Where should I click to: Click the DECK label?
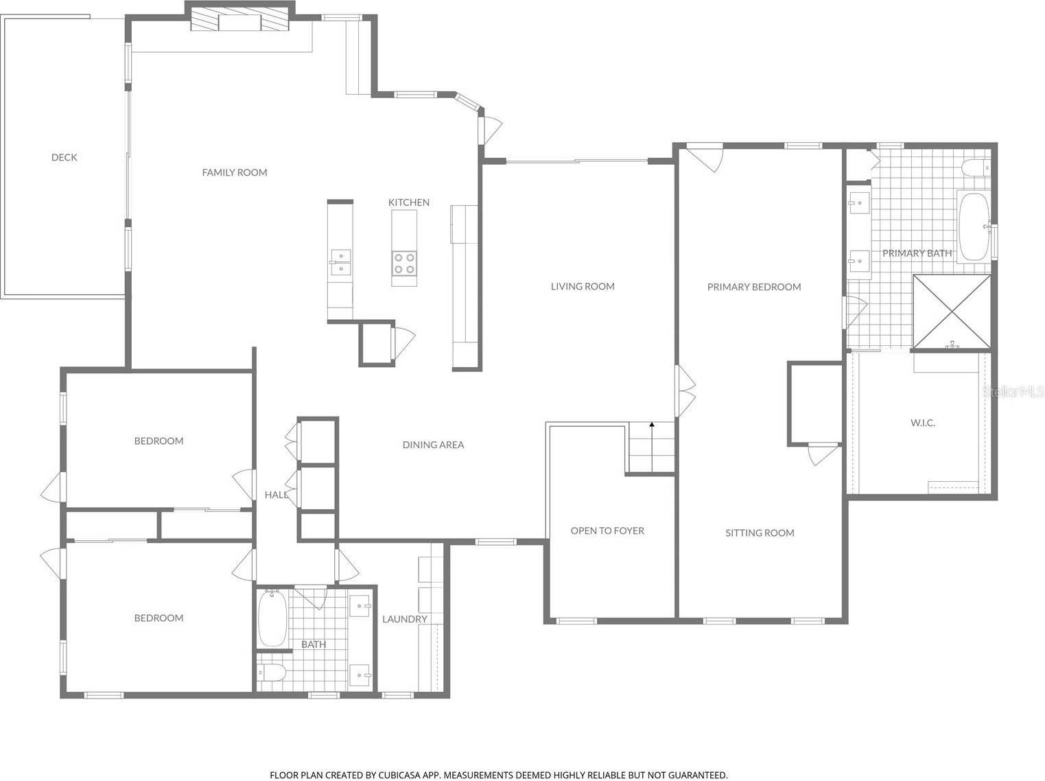[64, 157]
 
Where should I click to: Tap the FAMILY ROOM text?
[234, 172]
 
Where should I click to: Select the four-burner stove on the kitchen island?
[404, 263]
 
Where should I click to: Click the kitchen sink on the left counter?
[340, 261]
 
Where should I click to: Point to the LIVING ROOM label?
[583, 286]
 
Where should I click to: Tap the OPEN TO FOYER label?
[607, 531]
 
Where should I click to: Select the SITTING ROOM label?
[760, 533]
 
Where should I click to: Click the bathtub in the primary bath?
[973, 226]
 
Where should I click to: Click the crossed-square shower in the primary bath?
[952, 312]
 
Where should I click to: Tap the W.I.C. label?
[923, 423]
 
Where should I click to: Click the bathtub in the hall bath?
[272, 618]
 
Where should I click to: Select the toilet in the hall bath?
[271, 673]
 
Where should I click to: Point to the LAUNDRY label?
[405, 619]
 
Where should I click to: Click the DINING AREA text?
[433, 445]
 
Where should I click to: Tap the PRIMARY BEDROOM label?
[754, 287]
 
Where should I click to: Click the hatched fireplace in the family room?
[239, 20]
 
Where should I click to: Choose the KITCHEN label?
[409, 202]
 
